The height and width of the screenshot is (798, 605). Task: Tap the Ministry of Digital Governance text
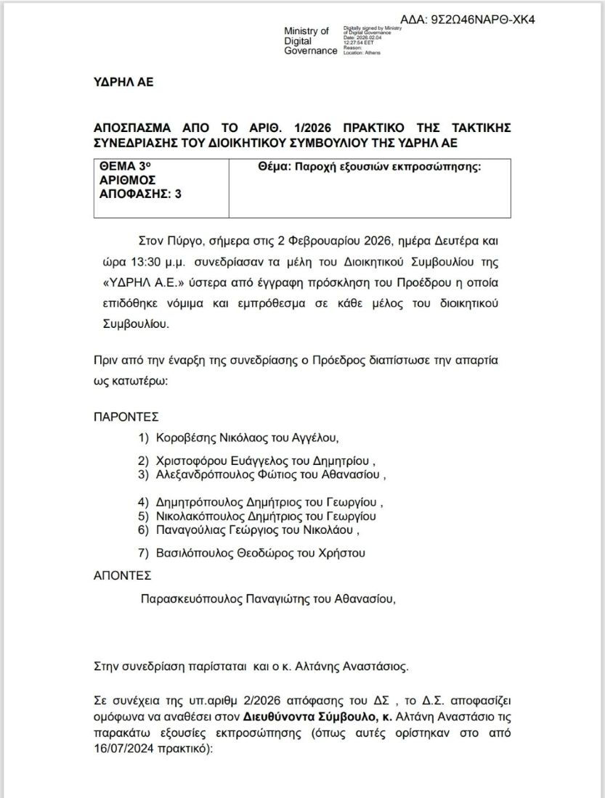[310, 41]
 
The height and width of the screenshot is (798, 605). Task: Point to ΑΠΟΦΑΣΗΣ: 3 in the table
[140, 194]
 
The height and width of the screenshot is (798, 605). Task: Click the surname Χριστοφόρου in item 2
[192, 461]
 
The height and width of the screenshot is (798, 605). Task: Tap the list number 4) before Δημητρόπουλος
[143, 502]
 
